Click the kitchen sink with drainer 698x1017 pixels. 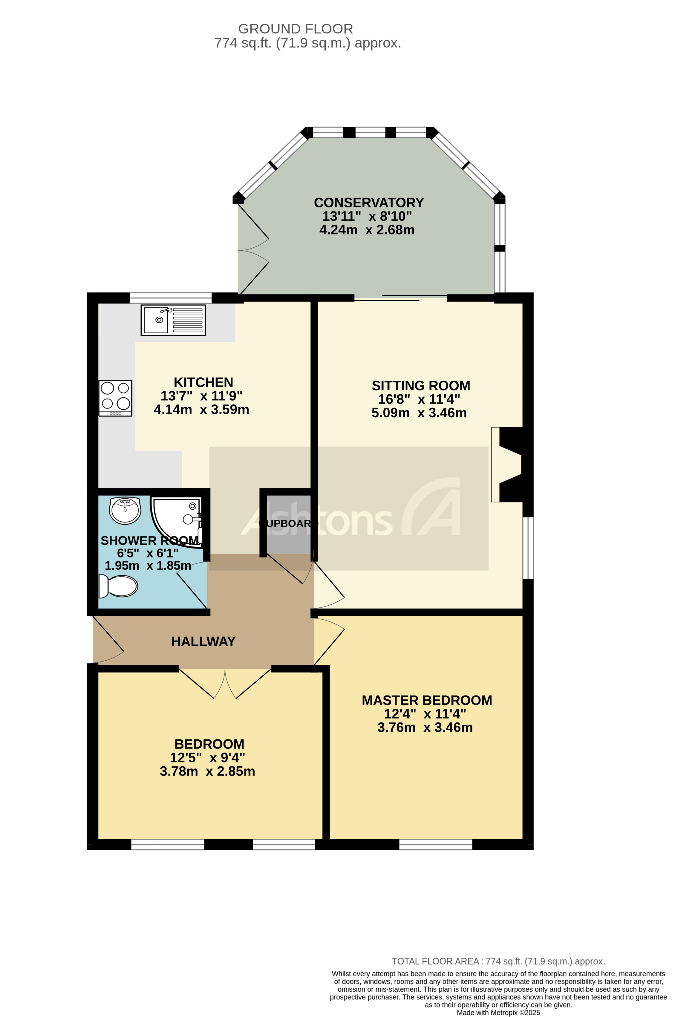coord(173,320)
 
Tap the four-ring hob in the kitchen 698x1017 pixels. coord(115,397)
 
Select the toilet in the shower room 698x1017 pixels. coord(119,586)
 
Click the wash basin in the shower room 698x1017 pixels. coord(125,510)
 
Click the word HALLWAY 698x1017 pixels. coord(203,641)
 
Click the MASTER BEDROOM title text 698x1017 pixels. coord(427,700)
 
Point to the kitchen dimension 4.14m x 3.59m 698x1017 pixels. coord(201,410)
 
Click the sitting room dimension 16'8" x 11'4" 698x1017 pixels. coord(419,399)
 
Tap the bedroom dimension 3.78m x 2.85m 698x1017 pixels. coord(207,771)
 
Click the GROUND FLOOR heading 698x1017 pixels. coord(296,29)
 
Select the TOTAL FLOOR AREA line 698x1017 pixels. coord(498,961)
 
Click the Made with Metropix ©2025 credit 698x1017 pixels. coord(498,1013)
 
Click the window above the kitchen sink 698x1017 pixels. coord(171,298)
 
